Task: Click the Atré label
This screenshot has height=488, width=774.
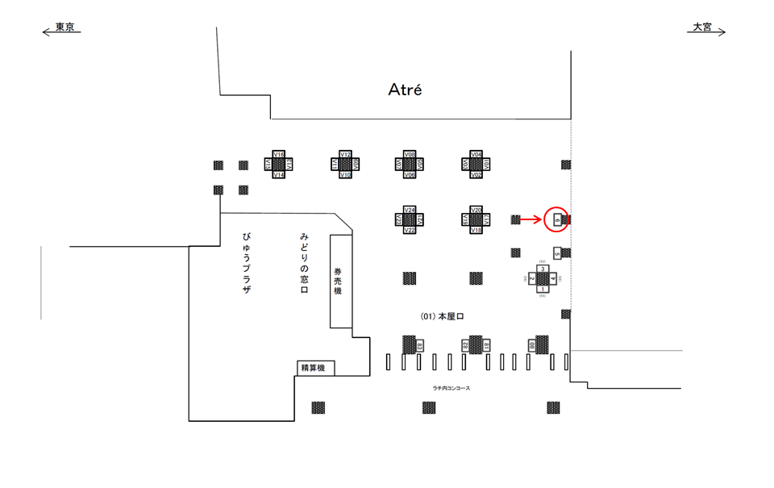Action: tap(405, 90)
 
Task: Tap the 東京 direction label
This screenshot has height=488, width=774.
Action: tap(64, 27)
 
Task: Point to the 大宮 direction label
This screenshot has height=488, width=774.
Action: tap(701, 27)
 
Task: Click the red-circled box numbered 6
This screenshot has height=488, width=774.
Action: tap(556, 219)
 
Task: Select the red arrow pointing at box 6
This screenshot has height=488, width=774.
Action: tap(530, 219)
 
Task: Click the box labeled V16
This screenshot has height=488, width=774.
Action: tap(279, 154)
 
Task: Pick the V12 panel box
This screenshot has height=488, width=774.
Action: tap(345, 154)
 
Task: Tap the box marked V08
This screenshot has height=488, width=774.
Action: tap(410, 154)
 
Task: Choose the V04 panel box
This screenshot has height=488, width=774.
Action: tap(476, 154)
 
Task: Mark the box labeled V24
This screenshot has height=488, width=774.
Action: tap(410, 210)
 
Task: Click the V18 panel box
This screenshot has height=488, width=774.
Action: tap(476, 231)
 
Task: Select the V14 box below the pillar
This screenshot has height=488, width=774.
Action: tap(279, 175)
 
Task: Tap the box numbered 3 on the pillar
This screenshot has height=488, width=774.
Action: tap(543, 269)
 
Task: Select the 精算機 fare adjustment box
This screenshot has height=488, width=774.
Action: tap(313, 369)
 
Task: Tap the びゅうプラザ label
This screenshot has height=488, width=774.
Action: tap(247, 262)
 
